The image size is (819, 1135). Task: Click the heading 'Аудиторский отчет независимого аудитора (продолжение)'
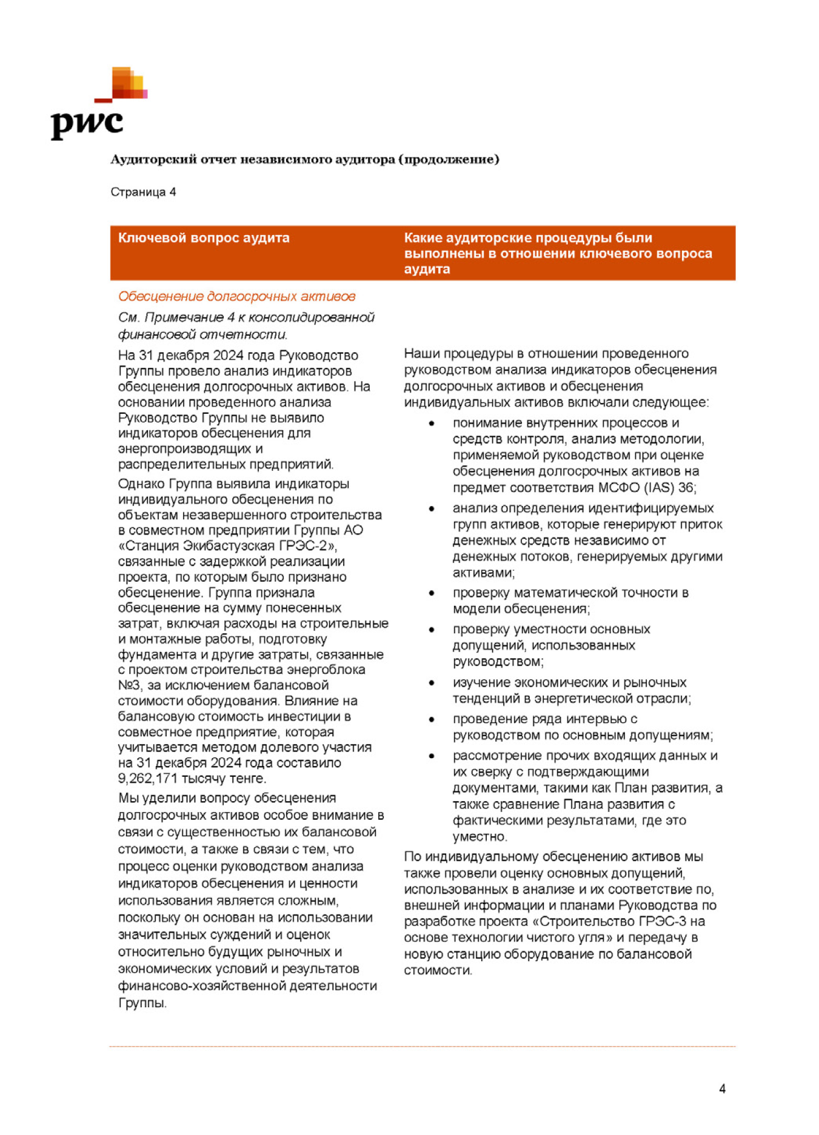(304, 159)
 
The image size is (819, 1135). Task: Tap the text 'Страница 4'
(143, 192)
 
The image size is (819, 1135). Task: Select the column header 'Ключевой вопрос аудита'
(204, 238)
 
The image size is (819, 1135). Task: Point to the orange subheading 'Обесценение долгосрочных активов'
(236, 296)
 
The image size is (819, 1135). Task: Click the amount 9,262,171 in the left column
(144, 779)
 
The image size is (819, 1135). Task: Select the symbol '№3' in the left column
(129, 685)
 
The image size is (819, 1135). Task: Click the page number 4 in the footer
(722, 1089)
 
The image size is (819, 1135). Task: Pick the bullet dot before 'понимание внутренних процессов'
(432, 424)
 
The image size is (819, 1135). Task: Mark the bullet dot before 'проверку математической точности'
(432, 593)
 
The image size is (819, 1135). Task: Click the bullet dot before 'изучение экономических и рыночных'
(432, 683)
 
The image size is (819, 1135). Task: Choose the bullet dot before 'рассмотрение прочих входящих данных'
(432, 756)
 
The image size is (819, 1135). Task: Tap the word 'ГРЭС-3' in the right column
(663, 922)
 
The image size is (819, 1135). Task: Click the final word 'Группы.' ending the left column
(142, 1003)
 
